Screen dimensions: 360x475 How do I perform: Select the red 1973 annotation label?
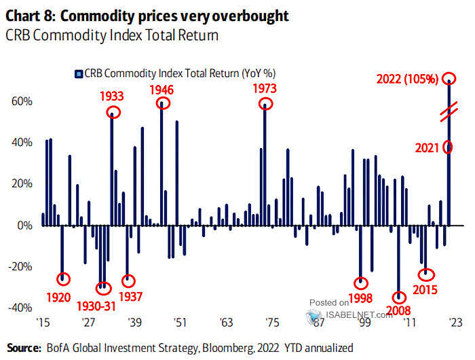pyautogui.click(x=266, y=88)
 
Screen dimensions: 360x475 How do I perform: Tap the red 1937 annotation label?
pyautogui.click(x=129, y=296)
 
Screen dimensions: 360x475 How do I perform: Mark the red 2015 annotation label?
pyautogui.click(x=426, y=289)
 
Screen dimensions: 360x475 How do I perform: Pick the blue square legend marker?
pyautogui.click(x=78, y=72)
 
